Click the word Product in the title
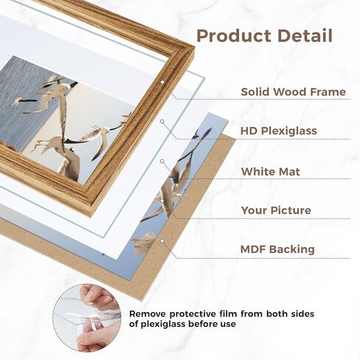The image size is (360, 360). (x=235, y=36)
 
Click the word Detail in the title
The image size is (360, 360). (x=305, y=36)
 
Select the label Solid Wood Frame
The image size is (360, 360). (x=294, y=91)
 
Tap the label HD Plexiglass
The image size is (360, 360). (x=279, y=131)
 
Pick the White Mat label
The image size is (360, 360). (x=271, y=171)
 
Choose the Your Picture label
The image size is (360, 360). (x=276, y=210)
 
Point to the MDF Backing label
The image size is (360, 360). (x=277, y=249)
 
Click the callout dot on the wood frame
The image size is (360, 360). (x=162, y=82)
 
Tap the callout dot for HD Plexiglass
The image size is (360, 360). (x=162, y=121)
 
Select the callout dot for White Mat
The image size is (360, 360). (x=162, y=161)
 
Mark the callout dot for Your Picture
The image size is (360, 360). (x=162, y=201)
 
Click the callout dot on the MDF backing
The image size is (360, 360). (x=162, y=241)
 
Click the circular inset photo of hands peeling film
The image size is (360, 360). (x=87, y=318)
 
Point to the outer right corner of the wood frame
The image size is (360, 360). (x=194, y=51)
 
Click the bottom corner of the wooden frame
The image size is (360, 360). (x=91, y=216)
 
